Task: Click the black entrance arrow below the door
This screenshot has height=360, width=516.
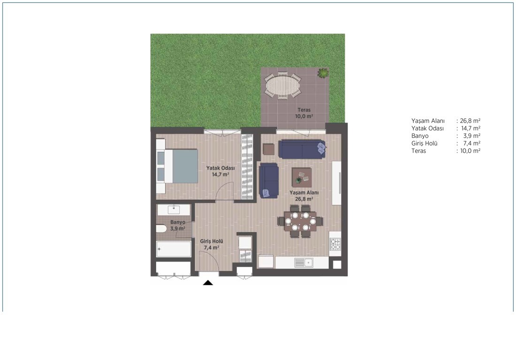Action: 208,282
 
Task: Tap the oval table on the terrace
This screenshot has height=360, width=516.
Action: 283,85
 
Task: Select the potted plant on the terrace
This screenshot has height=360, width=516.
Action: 323,73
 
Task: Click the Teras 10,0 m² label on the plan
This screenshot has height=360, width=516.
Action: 304,113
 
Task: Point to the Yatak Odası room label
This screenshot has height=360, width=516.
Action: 220,171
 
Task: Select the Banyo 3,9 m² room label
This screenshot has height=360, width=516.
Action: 178,225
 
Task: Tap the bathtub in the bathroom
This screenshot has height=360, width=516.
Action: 174,249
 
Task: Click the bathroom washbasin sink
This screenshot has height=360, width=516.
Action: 174,209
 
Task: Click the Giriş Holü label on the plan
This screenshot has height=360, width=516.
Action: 212,244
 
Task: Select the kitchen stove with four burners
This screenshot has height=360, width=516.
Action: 335,244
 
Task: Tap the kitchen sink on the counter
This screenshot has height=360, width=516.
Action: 304,262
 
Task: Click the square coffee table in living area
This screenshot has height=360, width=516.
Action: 302,177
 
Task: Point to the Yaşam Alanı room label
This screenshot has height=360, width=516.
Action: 304,195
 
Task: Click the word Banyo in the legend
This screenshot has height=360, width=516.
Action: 420,136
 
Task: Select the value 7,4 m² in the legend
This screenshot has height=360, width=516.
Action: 472,143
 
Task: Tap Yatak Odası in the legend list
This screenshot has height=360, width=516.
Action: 427,128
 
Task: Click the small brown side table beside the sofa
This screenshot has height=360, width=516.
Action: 268,149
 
